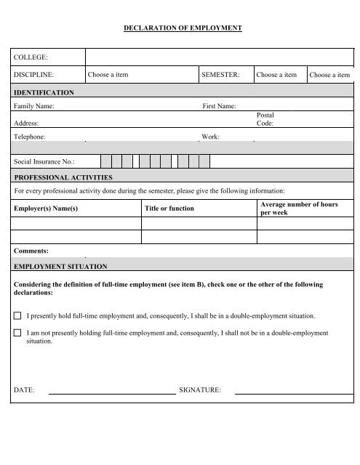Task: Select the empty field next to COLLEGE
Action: tap(218, 57)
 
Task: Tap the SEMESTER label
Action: tap(220, 74)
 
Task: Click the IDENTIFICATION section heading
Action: tap(44, 93)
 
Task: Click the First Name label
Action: tap(218, 107)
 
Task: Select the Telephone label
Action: tap(31, 137)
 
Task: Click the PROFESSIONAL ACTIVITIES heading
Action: tap(63, 177)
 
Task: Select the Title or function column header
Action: tap(169, 209)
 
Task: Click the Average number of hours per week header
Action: tap(299, 209)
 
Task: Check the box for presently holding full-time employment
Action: tap(18, 317)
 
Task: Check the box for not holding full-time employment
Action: tap(18, 333)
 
